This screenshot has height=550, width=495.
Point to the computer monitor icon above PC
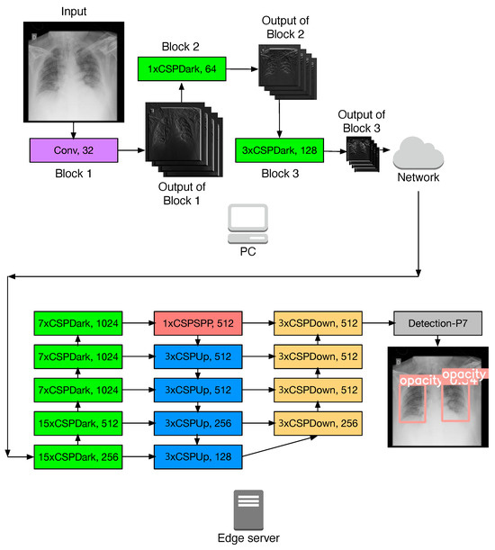click(248, 219)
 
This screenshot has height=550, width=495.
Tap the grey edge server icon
click(247, 509)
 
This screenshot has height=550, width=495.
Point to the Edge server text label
click(247, 538)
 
